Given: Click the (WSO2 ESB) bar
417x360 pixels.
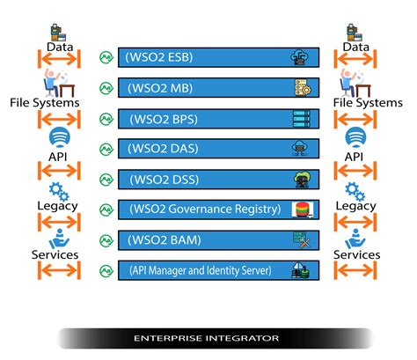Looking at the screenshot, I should click(218, 58).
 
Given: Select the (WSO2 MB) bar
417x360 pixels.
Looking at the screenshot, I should click(218, 88).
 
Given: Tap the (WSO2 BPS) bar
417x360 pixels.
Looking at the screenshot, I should click(218, 119).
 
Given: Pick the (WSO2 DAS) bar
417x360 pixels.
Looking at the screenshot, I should click(218, 149).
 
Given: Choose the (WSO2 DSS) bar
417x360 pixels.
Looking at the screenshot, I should click(218, 179).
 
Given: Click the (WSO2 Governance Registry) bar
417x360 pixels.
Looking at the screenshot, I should click(218, 209).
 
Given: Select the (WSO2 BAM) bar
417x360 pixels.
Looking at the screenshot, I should click(218, 239).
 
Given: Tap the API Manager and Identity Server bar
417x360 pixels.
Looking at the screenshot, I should click(218, 269).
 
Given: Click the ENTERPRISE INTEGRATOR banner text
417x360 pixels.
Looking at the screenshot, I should click(207, 338).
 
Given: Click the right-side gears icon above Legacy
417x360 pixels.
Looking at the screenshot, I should click(355, 191).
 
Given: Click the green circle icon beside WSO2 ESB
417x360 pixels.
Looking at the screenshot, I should click(106, 58).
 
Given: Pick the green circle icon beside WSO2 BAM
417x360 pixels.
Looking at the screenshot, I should click(106, 239).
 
